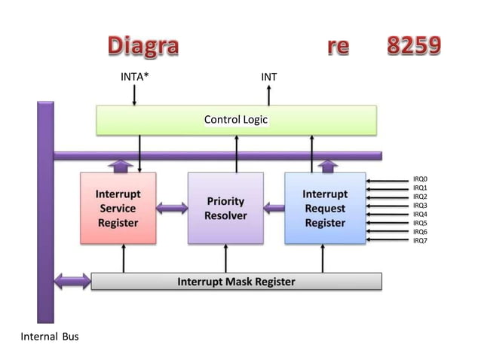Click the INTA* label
(135, 78)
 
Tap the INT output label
(268, 78)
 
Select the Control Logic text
(236, 120)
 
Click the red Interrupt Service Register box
(118, 208)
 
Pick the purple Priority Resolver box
(225, 208)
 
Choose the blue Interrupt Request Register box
(324, 208)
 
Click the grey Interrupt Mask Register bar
(236, 282)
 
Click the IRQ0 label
(420, 180)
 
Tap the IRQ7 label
(420, 241)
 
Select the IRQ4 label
(420, 215)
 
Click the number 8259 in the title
(413, 46)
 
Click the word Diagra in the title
(142, 46)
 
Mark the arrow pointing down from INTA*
(135, 96)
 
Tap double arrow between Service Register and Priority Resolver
(172, 208)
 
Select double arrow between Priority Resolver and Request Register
(274, 208)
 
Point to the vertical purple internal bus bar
(44, 211)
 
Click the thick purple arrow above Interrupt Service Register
(118, 165)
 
